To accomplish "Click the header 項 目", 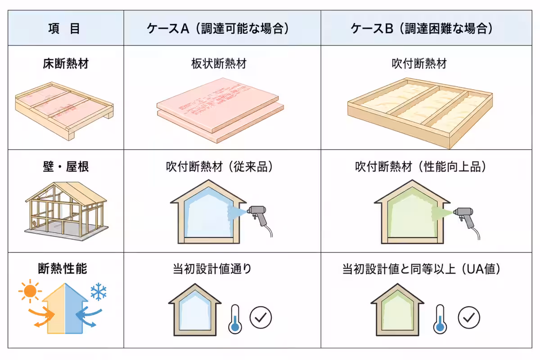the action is (64, 28).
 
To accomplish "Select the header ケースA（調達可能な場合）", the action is (218, 28).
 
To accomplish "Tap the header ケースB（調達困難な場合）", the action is (422, 28).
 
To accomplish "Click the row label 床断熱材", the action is (66, 63).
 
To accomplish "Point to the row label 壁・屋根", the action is (66, 166).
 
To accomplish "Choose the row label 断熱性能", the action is (63, 269).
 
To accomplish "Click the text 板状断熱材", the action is (219, 63).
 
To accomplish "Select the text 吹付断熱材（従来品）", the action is (220, 166).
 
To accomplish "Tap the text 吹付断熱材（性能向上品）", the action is (421, 166).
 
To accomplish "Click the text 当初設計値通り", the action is (212, 269).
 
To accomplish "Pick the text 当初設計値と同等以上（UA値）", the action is (421, 269).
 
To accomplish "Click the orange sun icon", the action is (30, 291).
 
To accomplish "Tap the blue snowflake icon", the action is (99, 292).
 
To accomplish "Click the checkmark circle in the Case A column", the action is (261, 317).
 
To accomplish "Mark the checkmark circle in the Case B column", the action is (469, 317).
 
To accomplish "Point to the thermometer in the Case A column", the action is (235, 319).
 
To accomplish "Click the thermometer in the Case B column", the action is (440, 319).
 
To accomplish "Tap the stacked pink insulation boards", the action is (220, 110).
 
